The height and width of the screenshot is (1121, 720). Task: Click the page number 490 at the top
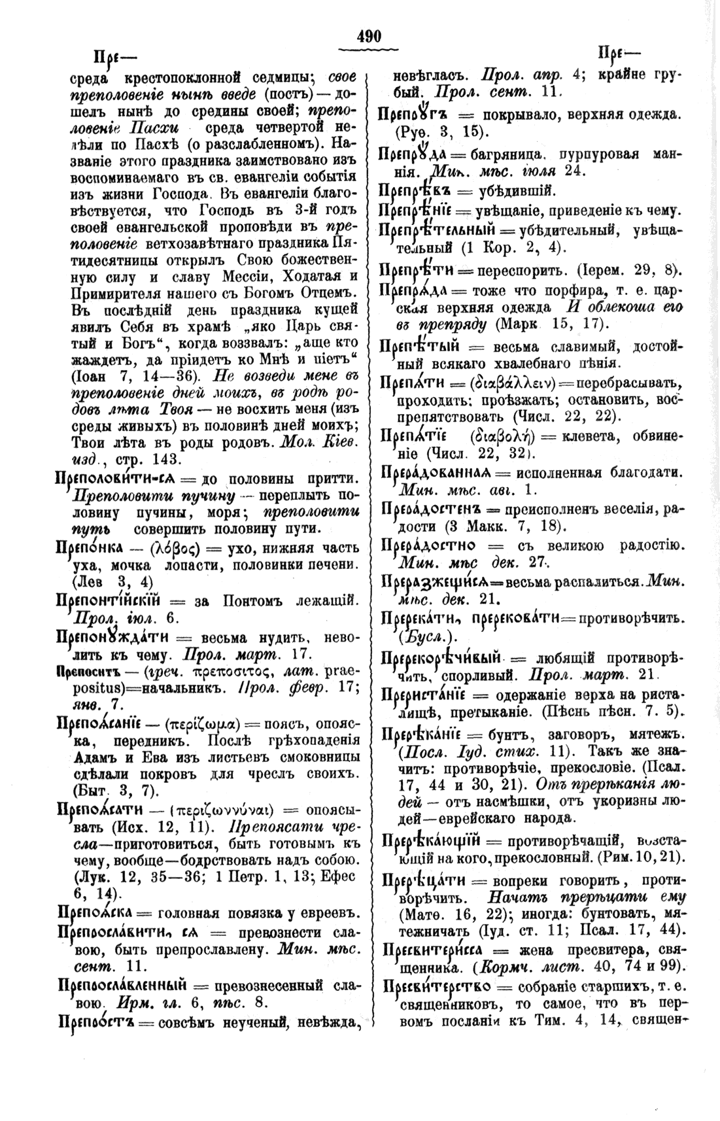369,37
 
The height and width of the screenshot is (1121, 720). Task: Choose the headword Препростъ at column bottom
96,1021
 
